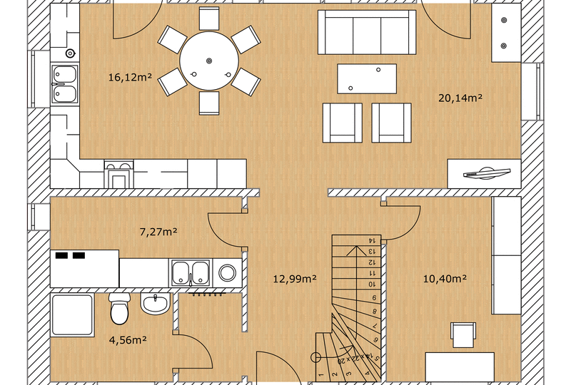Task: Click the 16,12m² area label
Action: pyautogui.click(x=130, y=77)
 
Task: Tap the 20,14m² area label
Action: pyautogui.click(x=460, y=98)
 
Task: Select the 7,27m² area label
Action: pyautogui.click(x=158, y=232)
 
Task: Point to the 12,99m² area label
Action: pyautogui.click(x=295, y=279)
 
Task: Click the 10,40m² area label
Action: pyautogui.click(x=445, y=279)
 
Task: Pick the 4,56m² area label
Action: pyautogui.click(x=128, y=340)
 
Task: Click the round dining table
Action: pyautogui.click(x=209, y=61)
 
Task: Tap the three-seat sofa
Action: pyautogui.click(x=367, y=32)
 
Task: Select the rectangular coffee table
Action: pyautogui.click(x=367, y=78)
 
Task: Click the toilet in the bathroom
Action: pyautogui.click(x=119, y=309)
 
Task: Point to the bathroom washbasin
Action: pyautogui.click(x=156, y=304)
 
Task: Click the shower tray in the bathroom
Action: pyautogui.click(x=73, y=315)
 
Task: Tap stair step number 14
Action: pyautogui.click(x=357, y=240)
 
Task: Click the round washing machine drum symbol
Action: pyautogui.click(x=228, y=272)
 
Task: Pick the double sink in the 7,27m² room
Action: pyautogui.click(x=190, y=273)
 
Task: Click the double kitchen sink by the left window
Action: pyautogui.click(x=65, y=84)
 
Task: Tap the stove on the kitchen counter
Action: pyautogui.click(x=119, y=174)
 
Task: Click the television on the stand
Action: pyautogui.click(x=487, y=173)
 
